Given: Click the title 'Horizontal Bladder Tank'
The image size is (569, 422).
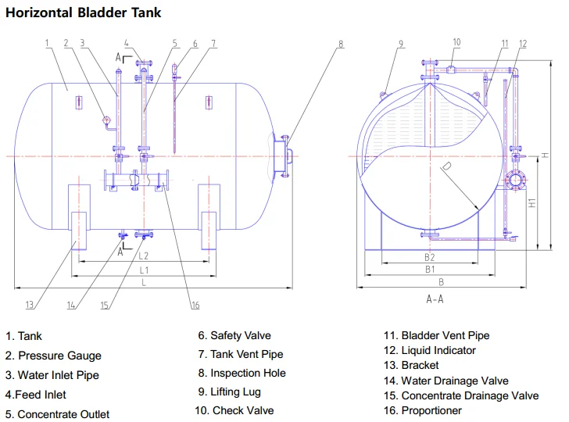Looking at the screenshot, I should (84, 13).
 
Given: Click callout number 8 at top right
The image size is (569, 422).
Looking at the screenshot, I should (341, 44).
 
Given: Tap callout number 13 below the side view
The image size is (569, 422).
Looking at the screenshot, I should (29, 305).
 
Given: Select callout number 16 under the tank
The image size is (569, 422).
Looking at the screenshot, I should (195, 305).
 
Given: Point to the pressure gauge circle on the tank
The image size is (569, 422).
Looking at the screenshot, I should (106, 120).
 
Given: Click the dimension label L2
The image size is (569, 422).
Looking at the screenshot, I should (144, 256).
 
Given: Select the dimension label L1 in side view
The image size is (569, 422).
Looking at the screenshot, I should (144, 270).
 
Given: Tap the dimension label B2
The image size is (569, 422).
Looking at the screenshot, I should (429, 256).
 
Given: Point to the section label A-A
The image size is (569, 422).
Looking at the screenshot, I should (435, 299).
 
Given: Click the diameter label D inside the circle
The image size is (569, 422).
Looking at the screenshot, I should (446, 166).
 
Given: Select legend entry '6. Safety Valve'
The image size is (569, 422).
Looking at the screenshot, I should (234, 336).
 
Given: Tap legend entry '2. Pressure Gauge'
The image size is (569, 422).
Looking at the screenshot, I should (54, 356).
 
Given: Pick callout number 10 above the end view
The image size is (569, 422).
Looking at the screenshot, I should (456, 42).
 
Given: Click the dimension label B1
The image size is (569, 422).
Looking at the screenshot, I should (429, 270).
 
